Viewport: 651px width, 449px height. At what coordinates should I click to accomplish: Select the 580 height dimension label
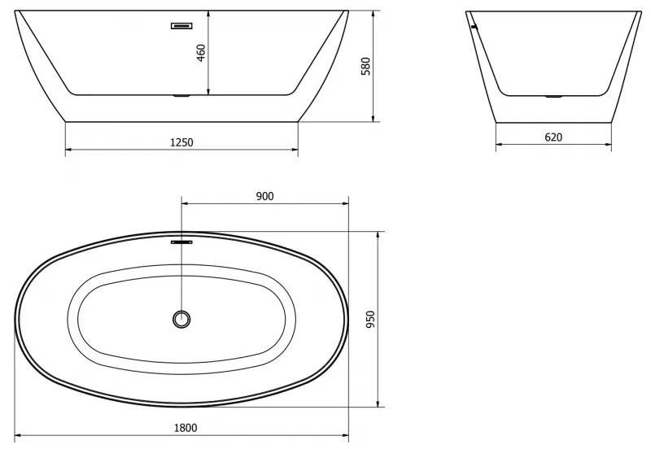coord(365,67)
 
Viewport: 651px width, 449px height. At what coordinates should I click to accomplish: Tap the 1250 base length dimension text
coord(181,142)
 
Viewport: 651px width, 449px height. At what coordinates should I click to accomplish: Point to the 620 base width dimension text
coord(553,137)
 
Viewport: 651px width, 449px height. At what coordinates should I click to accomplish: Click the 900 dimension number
coord(264,195)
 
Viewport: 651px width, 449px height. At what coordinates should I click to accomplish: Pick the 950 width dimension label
coord(370,320)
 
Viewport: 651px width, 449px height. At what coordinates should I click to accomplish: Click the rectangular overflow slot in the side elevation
coord(181,26)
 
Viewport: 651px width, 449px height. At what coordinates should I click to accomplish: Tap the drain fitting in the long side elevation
coord(181,97)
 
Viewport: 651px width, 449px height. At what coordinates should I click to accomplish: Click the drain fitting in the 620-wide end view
coord(553,96)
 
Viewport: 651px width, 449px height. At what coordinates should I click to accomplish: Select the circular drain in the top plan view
coord(181,319)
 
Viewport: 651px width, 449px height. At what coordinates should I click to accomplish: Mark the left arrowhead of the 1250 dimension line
coord(68,150)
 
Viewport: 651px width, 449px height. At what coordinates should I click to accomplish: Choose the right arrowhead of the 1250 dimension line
coord(295,150)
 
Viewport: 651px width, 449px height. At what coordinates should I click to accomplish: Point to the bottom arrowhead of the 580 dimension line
coord(374,118)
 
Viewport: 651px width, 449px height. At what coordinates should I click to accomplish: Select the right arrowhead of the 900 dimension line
coord(345,203)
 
